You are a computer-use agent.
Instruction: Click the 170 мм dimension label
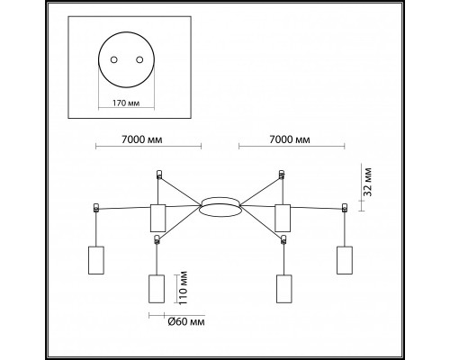click(126, 103)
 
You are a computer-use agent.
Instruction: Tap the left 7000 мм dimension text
click(142, 139)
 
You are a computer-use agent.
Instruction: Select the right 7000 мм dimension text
click(290, 139)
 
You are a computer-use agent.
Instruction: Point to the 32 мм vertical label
click(368, 182)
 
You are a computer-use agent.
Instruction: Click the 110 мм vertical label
click(183, 288)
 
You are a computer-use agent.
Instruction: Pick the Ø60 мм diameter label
click(186, 322)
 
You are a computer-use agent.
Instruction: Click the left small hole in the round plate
click(114, 59)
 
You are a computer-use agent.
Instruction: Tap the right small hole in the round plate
click(139, 59)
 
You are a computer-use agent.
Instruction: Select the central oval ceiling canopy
click(220, 207)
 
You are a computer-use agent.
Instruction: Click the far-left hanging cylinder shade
click(96, 260)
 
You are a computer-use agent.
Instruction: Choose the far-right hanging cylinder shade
click(345, 260)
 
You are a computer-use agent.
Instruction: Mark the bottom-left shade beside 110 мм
click(157, 289)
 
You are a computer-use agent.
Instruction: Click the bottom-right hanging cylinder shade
click(283, 289)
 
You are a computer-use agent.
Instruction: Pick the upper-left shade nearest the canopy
click(157, 218)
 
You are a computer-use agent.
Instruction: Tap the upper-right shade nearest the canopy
click(283, 218)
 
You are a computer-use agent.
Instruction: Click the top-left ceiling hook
click(159, 175)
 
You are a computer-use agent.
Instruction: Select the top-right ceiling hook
click(282, 175)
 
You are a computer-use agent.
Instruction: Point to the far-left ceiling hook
click(96, 208)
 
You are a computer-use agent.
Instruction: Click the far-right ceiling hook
click(345, 208)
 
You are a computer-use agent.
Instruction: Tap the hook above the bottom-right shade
click(283, 239)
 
